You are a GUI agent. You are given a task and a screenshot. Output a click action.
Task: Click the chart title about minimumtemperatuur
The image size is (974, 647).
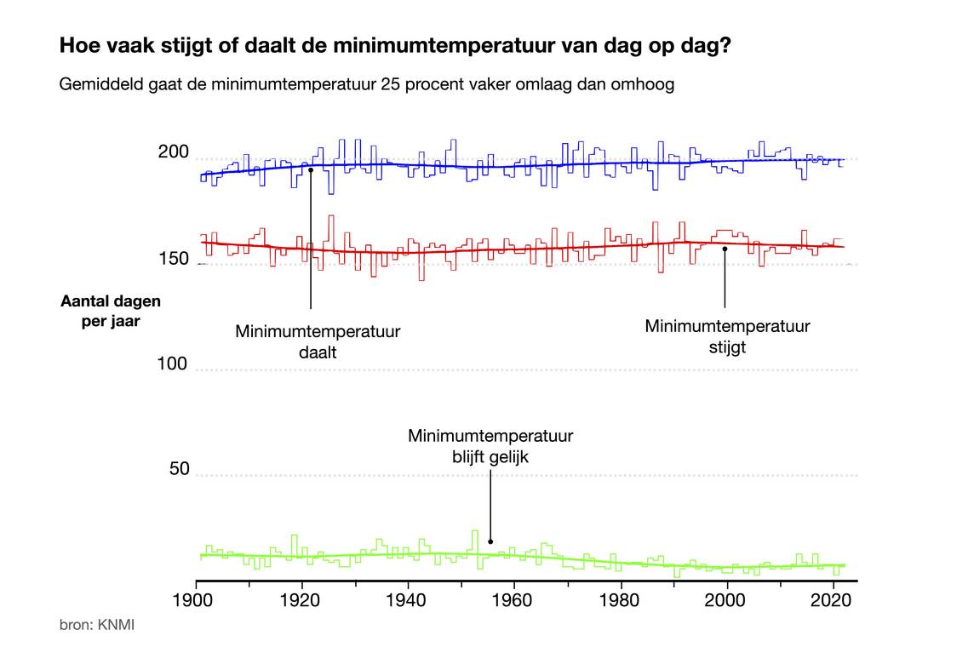pyautogui.click(x=395, y=46)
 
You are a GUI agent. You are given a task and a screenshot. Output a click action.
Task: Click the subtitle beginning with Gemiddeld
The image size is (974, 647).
pyautogui.click(x=367, y=85)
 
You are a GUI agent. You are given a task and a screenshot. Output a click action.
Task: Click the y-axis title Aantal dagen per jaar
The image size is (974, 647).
pyautogui.click(x=111, y=311)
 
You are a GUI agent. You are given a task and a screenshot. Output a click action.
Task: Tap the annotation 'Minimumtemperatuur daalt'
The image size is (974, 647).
pyautogui.click(x=318, y=341)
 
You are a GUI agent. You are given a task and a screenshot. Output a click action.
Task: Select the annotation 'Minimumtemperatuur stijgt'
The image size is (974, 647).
pyautogui.click(x=727, y=336)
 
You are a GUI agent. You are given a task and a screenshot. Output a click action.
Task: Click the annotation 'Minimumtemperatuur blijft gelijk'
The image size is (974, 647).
pyautogui.click(x=490, y=446)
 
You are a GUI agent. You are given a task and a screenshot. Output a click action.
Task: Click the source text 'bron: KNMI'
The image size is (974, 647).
pyautogui.click(x=97, y=626)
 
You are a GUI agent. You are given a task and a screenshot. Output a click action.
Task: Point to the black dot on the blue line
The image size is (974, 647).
pyautogui.click(x=311, y=169)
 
